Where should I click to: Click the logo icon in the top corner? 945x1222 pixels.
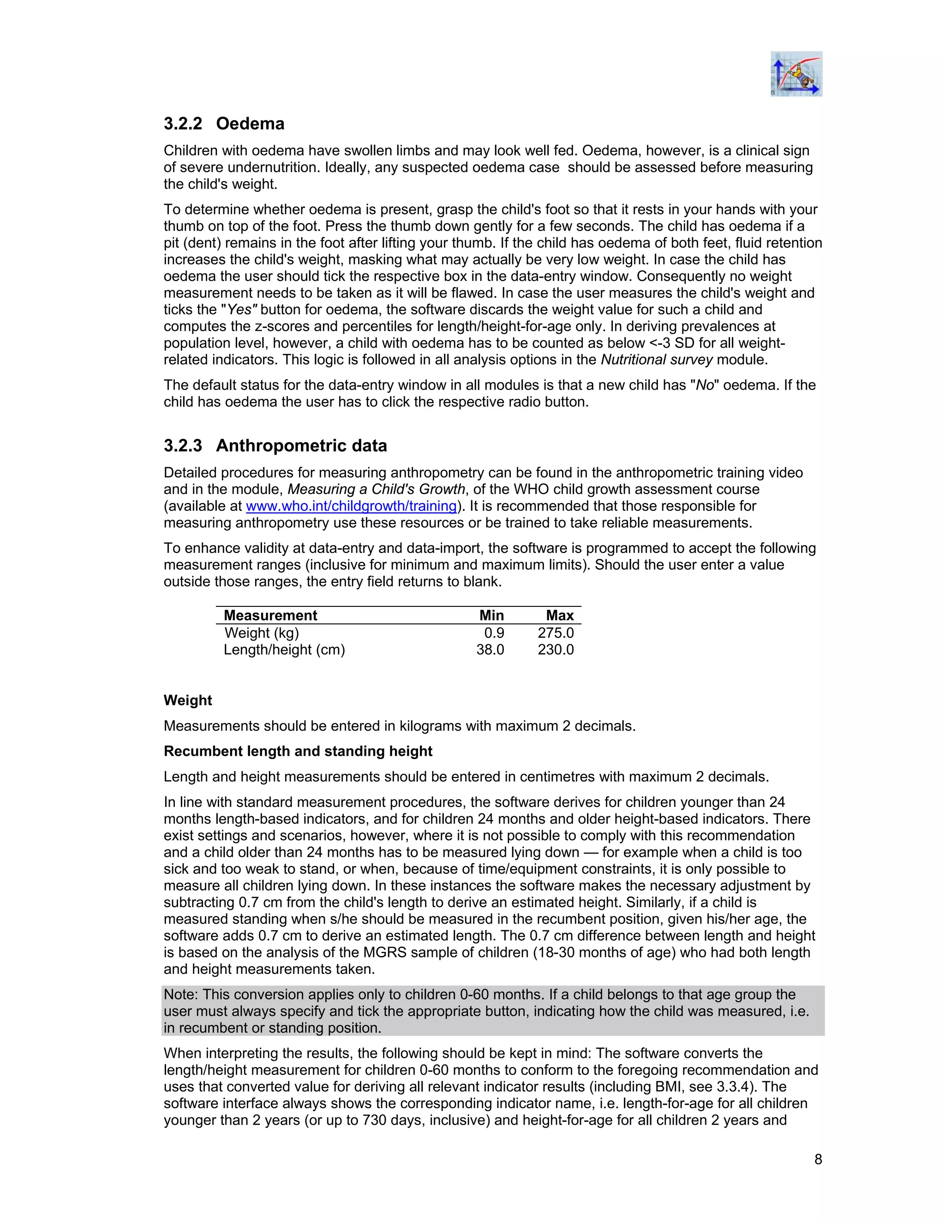tap(795, 74)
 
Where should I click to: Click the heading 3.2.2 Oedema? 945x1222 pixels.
tap(224, 124)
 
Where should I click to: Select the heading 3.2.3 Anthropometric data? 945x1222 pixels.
tap(275, 445)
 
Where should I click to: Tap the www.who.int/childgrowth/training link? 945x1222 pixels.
tap(352, 506)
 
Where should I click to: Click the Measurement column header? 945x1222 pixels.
tap(270, 616)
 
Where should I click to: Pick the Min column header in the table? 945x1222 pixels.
tap(491, 616)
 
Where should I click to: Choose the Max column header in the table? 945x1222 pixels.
tap(560, 616)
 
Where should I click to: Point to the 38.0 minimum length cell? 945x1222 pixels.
tap(490, 650)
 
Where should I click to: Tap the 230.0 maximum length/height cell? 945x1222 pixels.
tap(556, 650)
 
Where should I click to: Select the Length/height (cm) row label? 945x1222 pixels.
tap(284, 650)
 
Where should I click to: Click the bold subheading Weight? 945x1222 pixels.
tap(187, 700)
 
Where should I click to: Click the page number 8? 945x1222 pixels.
tap(818, 1159)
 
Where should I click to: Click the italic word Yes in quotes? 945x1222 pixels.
tap(239, 309)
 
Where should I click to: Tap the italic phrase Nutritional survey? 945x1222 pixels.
tap(656, 360)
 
